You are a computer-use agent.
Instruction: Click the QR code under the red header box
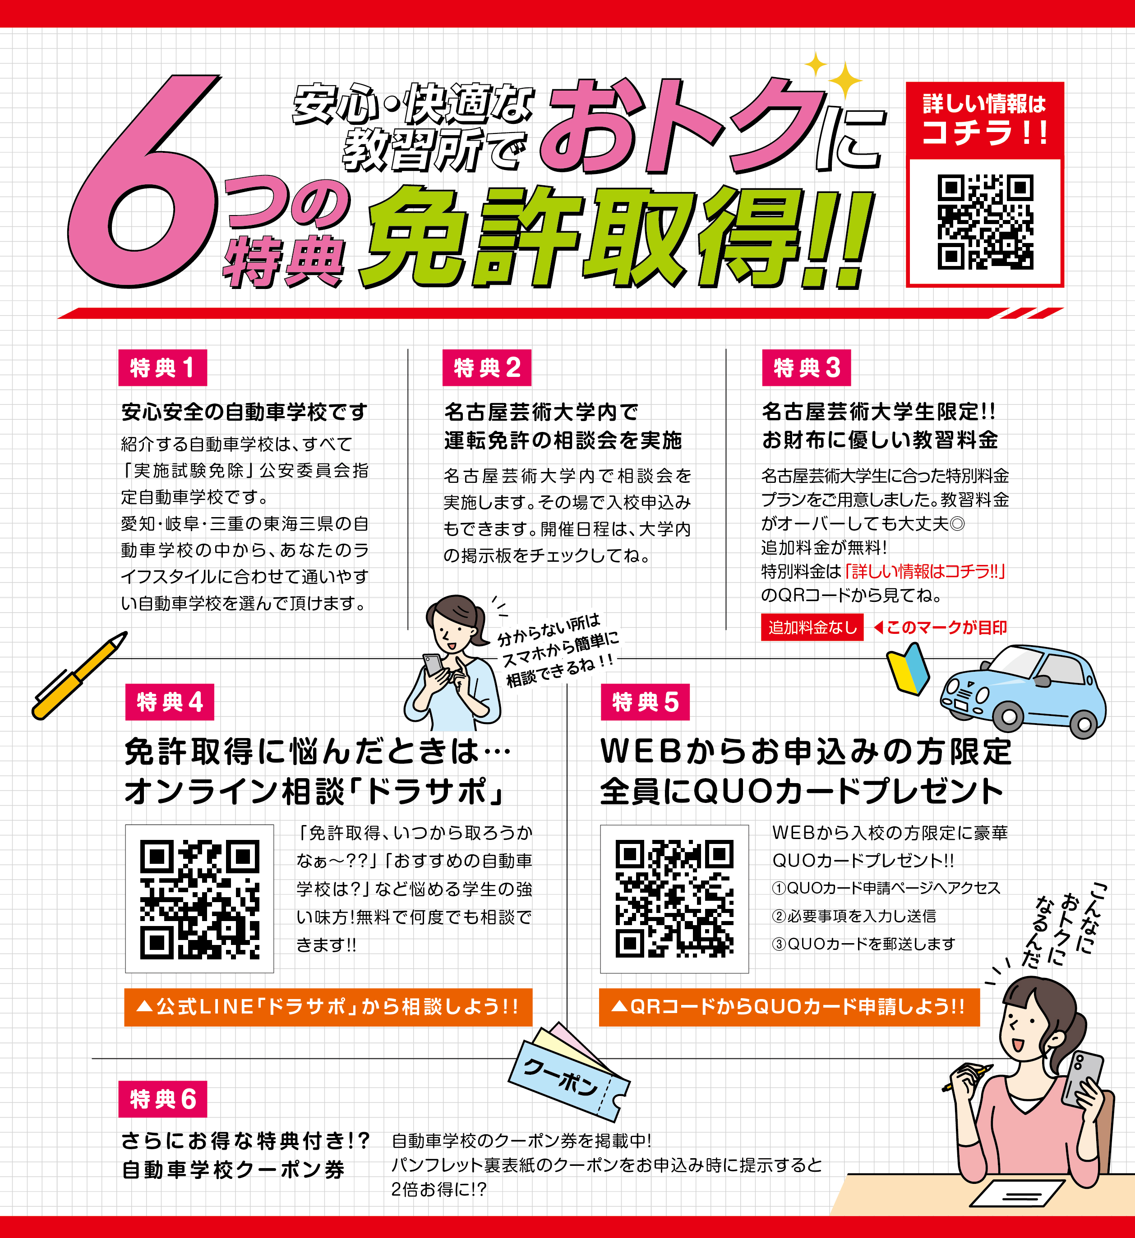click(x=985, y=222)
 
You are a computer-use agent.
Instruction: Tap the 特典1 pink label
click(x=163, y=367)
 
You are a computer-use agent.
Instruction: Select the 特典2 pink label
click(x=487, y=367)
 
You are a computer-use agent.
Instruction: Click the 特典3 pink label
click(x=806, y=367)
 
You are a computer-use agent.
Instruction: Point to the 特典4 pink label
click(x=170, y=702)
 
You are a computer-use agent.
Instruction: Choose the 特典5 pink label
click(x=645, y=702)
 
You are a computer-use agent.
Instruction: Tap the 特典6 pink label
click(x=163, y=1099)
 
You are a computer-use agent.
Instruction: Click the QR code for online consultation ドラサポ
click(x=200, y=899)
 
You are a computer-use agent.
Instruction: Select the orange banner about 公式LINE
click(x=328, y=1007)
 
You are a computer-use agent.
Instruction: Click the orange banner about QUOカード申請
click(x=789, y=1007)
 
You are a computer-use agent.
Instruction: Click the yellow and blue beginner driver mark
click(x=908, y=669)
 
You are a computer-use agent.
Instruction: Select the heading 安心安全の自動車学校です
click(x=245, y=412)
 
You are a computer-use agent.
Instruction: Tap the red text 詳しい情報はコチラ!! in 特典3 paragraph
click(x=925, y=572)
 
